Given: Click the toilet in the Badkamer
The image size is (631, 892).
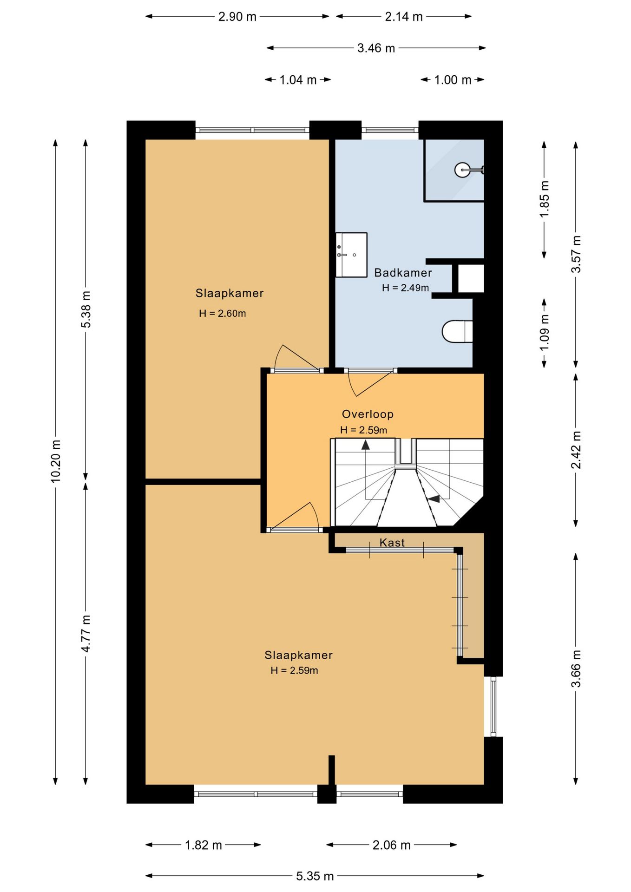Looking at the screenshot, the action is pyautogui.click(x=457, y=331).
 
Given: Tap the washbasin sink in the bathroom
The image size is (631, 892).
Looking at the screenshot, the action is pyautogui.click(x=351, y=255).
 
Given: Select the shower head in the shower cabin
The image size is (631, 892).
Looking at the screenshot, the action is pyautogui.click(x=469, y=170).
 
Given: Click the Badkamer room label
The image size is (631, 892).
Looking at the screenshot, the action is pyautogui.click(x=403, y=273).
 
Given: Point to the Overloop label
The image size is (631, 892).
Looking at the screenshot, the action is pyautogui.click(x=368, y=414).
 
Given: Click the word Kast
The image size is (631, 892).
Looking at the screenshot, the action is pyautogui.click(x=392, y=542).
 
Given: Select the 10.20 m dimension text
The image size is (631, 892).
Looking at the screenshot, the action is pyautogui.click(x=56, y=461).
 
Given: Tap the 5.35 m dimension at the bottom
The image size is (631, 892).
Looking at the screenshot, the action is pyautogui.click(x=315, y=876).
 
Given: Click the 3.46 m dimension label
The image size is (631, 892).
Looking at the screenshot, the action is pyautogui.click(x=376, y=48).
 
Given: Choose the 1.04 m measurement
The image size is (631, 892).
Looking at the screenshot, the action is pyautogui.click(x=298, y=80).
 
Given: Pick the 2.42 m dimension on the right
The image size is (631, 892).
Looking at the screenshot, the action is pyautogui.click(x=576, y=450).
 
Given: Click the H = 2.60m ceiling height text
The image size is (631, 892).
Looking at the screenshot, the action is pyautogui.click(x=222, y=314).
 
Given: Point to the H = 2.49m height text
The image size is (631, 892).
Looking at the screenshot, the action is pyautogui.click(x=405, y=288).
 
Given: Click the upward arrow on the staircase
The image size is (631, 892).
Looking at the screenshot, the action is pyautogui.click(x=366, y=445).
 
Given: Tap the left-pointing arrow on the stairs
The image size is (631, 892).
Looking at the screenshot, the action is pyautogui.click(x=434, y=498).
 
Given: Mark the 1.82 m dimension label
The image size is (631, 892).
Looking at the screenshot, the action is pyautogui.click(x=204, y=845).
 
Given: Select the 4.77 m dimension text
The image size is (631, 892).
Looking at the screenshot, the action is pyautogui.click(x=86, y=633).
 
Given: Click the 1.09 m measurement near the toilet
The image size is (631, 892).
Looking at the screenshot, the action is pyautogui.click(x=545, y=333).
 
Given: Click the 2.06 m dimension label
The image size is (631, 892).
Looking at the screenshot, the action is pyautogui.click(x=391, y=845).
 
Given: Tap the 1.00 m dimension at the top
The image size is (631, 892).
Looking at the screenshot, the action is pyautogui.click(x=453, y=80).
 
